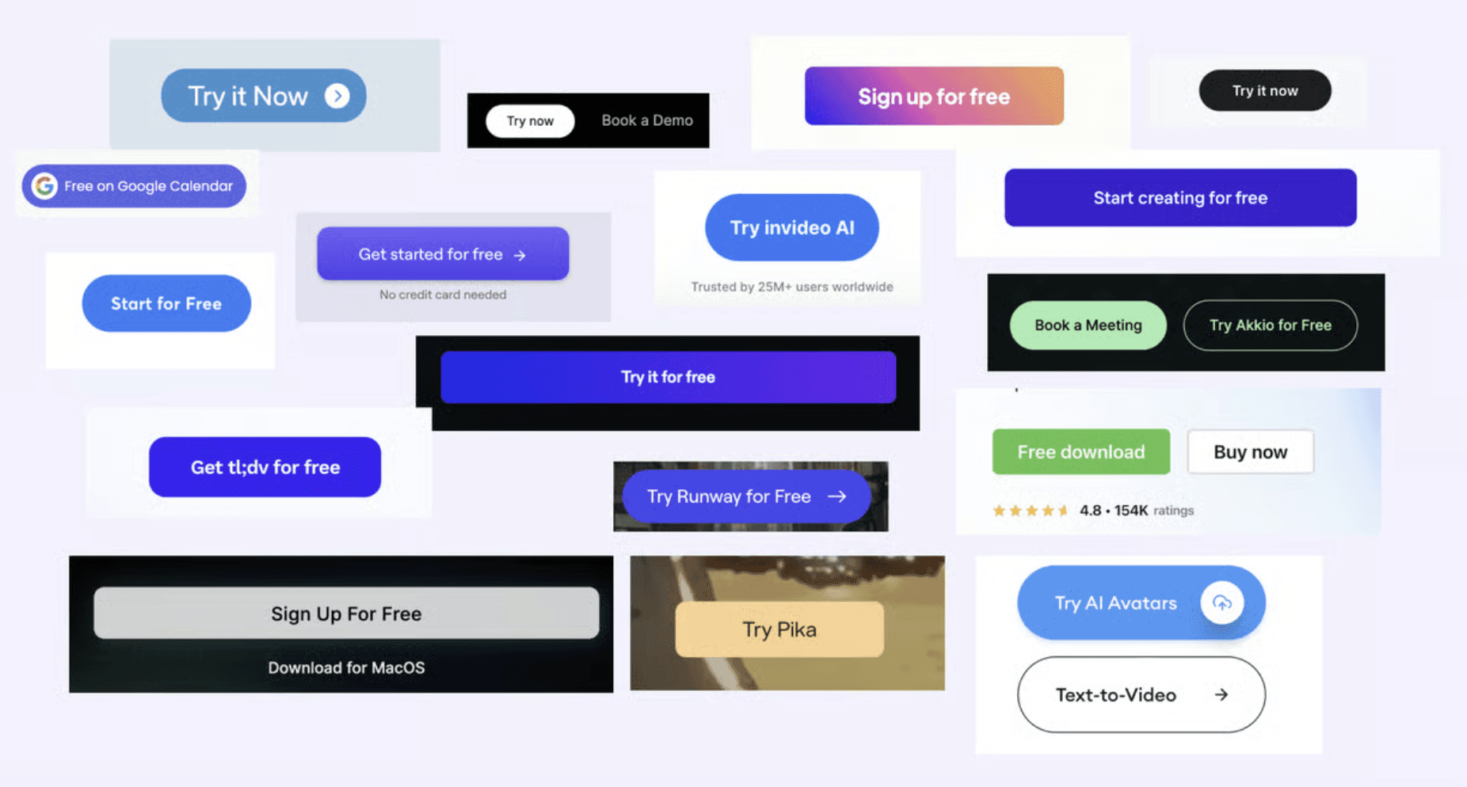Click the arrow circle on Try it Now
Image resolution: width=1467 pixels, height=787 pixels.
click(337, 96)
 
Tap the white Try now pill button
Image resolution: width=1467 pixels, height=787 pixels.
click(530, 121)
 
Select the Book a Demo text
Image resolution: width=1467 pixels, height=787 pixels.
click(646, 120)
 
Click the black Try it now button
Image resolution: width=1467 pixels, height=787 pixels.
click(1264, 91)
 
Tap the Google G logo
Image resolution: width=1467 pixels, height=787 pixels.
click(44, 186)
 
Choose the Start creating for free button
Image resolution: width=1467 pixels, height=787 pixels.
click(1179, 198)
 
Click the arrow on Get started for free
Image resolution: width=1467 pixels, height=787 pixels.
click(520, 255)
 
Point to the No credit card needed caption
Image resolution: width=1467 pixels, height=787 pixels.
click(442, 295)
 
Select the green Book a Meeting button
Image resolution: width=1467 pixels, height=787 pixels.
click(1088, 325)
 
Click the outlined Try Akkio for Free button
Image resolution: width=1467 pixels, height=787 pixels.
click(1270, 325)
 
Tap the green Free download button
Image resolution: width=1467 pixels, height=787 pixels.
click(1080, 452)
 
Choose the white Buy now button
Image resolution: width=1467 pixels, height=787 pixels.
click(1250, 452)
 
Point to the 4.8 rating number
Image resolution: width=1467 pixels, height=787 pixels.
click(1090, 511)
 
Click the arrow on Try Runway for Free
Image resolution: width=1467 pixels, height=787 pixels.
click(837, 496)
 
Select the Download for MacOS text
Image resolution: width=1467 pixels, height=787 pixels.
click(346, 667)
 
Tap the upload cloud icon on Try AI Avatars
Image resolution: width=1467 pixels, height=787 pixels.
click(1221, 603)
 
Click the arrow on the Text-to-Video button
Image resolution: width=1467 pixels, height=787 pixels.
click(1221, 694)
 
